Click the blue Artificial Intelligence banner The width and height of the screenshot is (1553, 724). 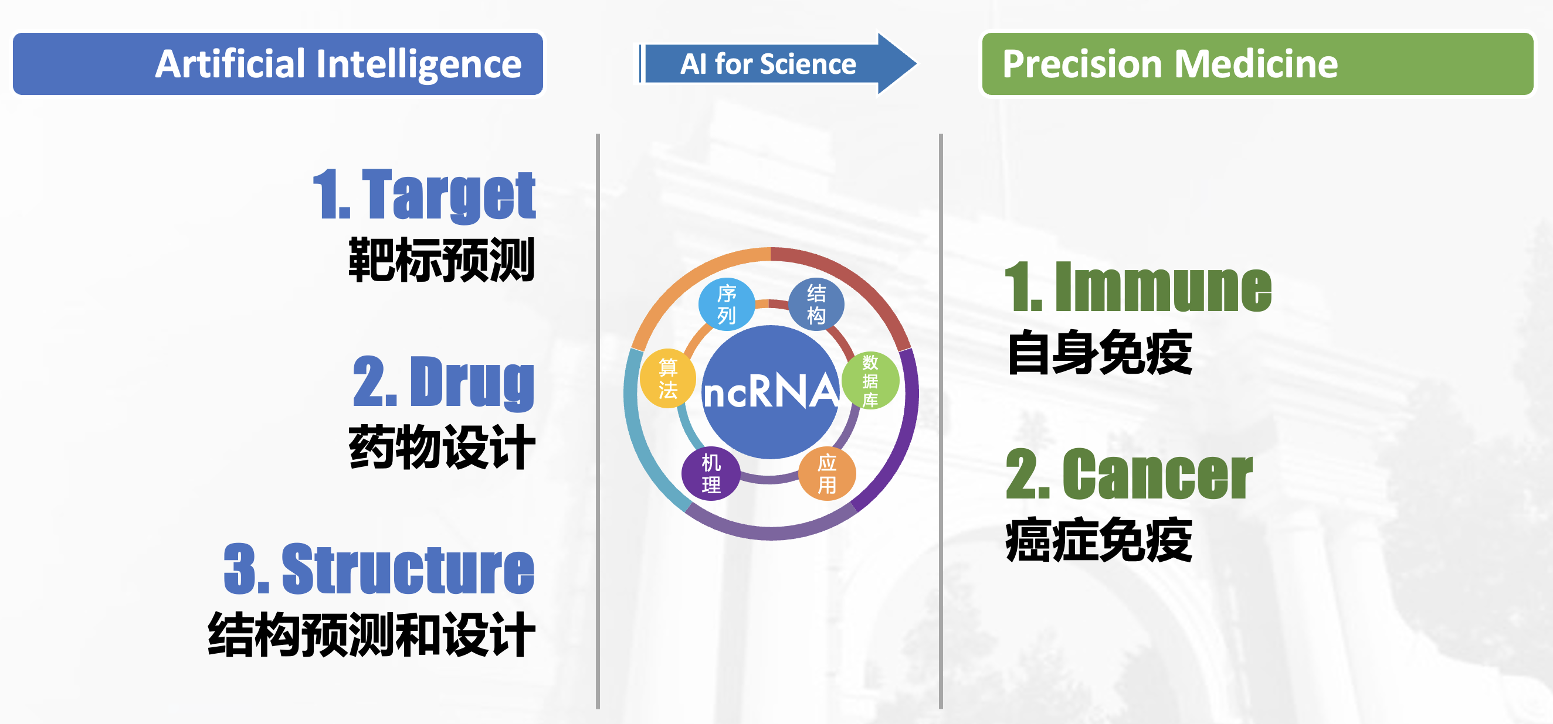tap(278, 64)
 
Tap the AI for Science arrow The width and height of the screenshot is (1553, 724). tap(778, 64)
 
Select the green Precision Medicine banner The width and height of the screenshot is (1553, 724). tap(1257, 64)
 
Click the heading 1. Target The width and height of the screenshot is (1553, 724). tap(424, 194)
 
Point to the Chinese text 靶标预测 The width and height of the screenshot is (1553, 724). tap(442, 259)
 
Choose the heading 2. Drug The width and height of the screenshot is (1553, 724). tap(444, 382)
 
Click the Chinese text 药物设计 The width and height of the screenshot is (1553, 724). tap(442, 447)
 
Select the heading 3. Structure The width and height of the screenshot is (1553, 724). tap(379, 569)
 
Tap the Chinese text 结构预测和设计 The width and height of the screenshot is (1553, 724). tap(371, 634)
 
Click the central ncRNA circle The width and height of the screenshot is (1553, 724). tap(771, 392)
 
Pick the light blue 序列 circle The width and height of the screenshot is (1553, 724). tap(727, 304)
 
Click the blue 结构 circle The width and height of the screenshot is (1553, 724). tap(816, 304)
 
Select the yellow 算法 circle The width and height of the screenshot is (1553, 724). tap(668, 378)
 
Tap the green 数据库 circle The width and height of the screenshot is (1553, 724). tap(870, 381)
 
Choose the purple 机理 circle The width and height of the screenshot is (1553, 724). tap(711, 474)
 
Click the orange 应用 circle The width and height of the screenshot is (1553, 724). tap(827, 474)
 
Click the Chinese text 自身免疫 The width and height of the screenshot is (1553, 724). tap(1100, 353)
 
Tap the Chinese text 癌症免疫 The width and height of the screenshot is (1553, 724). tap(1099, 539)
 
